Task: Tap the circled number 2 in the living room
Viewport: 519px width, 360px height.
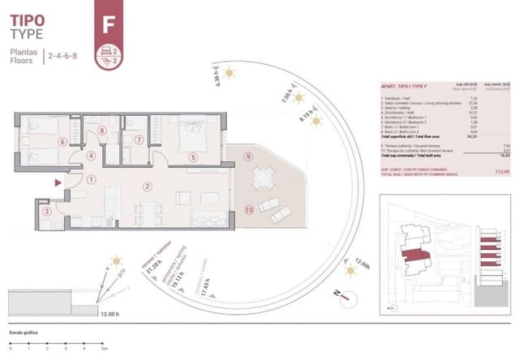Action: point(148,186)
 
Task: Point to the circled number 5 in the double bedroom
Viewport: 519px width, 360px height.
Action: point(193,157)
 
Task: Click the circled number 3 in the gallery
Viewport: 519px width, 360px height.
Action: point(47,212)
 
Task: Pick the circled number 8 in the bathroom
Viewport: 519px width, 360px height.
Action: point(102,131)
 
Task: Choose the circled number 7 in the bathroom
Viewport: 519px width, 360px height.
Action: point(139,139)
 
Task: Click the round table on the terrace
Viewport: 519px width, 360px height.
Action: point(261,178)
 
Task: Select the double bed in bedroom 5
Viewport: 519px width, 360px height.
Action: point(191,132)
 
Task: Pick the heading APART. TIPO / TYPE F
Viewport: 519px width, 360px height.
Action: point(405,84)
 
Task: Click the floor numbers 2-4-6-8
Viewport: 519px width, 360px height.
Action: point(62,57)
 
